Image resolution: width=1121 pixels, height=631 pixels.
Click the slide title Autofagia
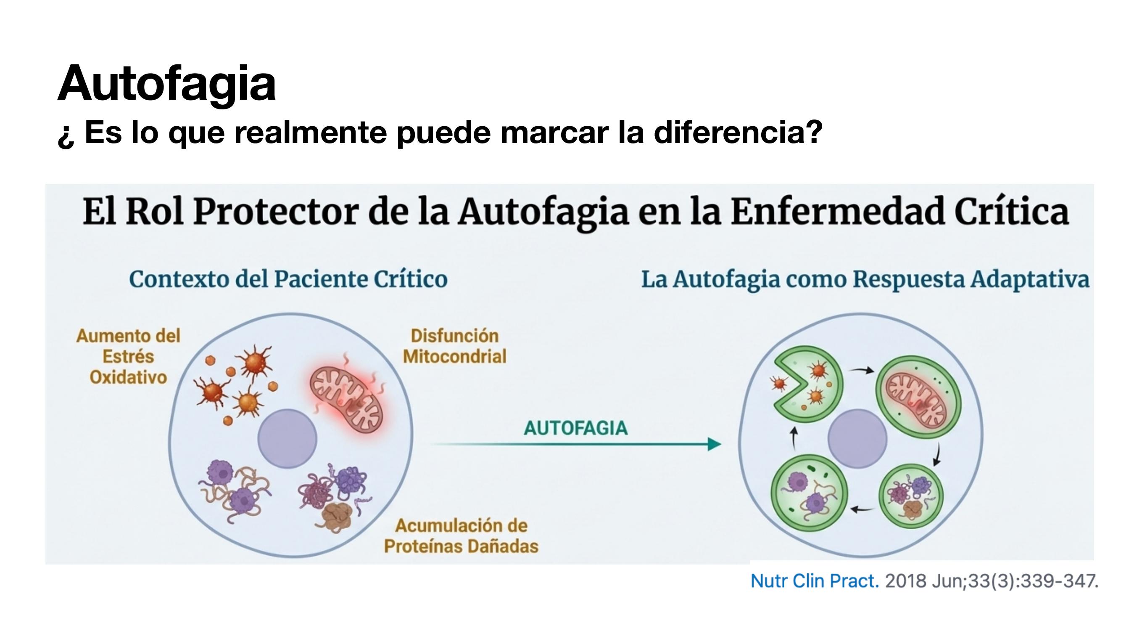click(x=167, y=84)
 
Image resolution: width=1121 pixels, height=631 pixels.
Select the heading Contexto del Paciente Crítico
click(x=288, y=279)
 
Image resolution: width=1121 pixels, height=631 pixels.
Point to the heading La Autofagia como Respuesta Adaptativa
click(x=865, y=280)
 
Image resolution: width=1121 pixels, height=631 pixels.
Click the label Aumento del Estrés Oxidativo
click(x=128, y=356)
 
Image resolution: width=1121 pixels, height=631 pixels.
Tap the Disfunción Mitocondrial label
click(x=455, y=346)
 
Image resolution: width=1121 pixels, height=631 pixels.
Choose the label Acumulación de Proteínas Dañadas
click(x=461, y=536)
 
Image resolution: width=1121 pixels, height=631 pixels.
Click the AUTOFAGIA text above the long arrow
click(x=575, y=428)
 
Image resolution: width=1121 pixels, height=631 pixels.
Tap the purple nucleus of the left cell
click(x=287, y=438)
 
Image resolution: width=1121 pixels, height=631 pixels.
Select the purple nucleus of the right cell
click(x=857, y=438)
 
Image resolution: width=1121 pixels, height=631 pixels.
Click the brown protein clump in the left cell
click(x=337, y=517)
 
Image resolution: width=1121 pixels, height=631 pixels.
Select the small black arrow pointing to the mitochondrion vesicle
click(x=861, y=370)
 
